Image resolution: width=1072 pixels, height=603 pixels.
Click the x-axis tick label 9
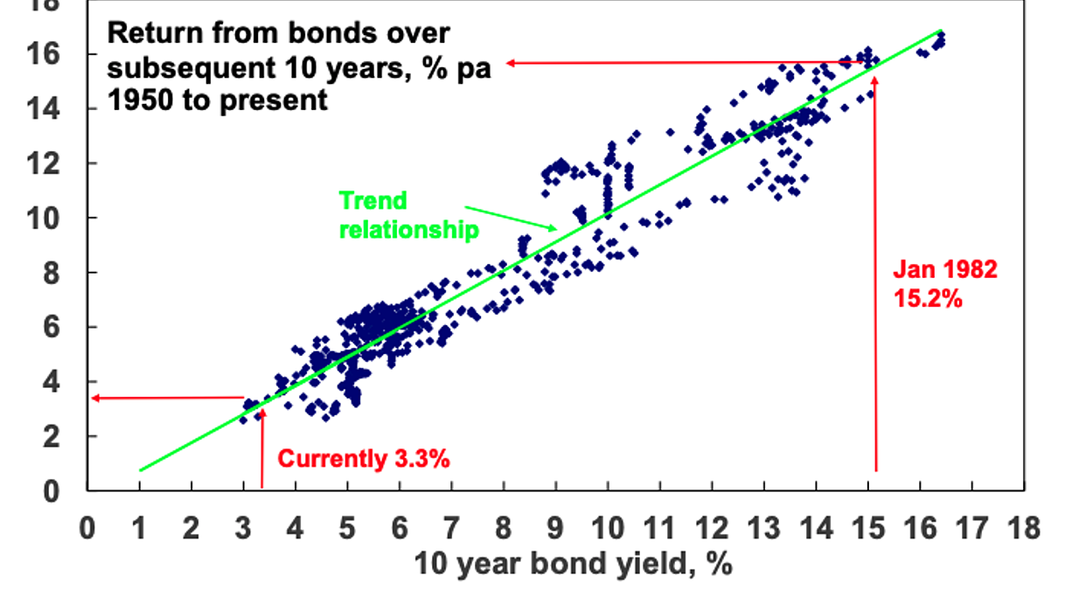[x=555, y=529]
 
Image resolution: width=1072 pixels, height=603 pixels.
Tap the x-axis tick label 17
[x=971, y=529]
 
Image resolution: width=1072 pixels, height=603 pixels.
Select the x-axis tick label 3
[x=243, y=529]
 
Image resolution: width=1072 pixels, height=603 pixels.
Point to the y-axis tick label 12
[x=43, y=164]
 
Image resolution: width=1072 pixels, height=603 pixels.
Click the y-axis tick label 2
[x=52, y=437]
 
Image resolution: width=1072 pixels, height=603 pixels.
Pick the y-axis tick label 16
[x=43, y=54]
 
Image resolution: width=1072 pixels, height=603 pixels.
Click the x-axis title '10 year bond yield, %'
[x=574, y=565]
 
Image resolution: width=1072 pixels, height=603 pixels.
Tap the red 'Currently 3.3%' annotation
[x=364, y=459]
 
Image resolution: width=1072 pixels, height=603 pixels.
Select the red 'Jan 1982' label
[x=945, y=269]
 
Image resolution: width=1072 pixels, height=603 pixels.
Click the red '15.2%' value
[x=928, y=299]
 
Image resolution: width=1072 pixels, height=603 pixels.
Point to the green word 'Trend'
[x=372, y=200]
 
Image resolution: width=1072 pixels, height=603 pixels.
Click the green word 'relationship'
[x=409, y=230]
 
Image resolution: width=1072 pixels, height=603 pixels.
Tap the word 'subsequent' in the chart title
[x=191, y=68]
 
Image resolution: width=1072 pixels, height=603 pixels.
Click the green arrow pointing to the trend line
[x=512, y=218]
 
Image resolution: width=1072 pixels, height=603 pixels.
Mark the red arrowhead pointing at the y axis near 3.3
[x=94, y=398]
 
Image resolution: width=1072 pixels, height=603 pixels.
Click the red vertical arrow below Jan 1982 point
[x=876, y=274]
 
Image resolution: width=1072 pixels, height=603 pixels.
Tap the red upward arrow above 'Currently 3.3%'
[x=262, y=448]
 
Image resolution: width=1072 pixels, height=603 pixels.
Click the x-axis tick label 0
[x=87, y=529]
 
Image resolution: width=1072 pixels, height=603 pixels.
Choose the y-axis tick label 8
[x=52, y=274]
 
